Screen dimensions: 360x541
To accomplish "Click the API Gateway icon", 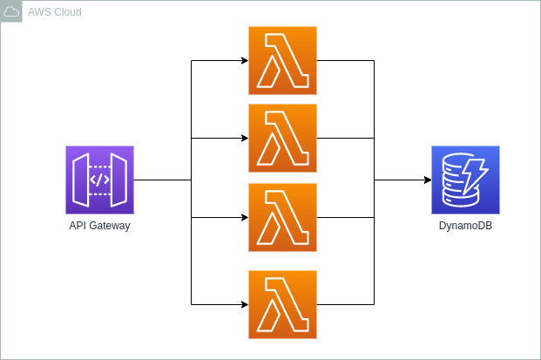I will [99, 180].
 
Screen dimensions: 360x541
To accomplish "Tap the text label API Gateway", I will [99, 226].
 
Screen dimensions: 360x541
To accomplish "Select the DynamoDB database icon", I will [465, 180].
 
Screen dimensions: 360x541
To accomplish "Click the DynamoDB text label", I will [465, 226].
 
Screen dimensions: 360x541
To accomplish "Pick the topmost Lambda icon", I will [282, 60].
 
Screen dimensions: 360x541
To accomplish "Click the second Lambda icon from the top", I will [282, 138].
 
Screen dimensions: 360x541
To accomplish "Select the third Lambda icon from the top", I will [282, 217].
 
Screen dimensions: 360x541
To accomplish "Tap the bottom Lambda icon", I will [282, 304].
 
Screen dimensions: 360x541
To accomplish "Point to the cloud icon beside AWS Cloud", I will [11, 11].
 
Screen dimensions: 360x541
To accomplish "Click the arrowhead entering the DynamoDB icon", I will [427, 180].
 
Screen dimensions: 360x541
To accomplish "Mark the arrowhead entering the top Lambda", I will [244, 60].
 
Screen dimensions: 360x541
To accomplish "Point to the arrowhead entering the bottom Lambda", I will [244, 304].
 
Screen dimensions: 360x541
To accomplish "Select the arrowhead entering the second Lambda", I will [244, 138].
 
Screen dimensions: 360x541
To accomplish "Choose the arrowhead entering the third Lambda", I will [244, 217].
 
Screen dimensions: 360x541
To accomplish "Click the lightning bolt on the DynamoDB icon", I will [475, 173].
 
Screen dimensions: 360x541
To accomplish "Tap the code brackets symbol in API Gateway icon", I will [99, 180].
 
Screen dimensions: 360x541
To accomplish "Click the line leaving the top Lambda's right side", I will [345, 60].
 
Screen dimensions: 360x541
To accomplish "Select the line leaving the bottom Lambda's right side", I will [345, 304].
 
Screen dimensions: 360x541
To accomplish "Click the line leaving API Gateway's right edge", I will [162, 180].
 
